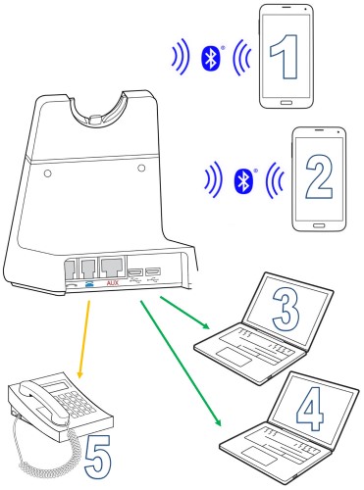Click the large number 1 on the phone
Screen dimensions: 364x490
(x=285, y=56)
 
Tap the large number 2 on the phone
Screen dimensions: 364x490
(x=319, y=176)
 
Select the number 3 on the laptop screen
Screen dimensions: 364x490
(x=286, y=310)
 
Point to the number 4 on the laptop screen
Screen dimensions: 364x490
(x=310, y=409)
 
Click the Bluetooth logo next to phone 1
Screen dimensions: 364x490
(x=211, y=58)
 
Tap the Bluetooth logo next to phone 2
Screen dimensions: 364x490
(x=243, y=181)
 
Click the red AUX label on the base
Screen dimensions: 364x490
(x=113, y=283)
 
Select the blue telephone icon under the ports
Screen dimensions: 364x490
(x=89, y=283)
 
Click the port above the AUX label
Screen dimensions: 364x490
(x=113, y=268)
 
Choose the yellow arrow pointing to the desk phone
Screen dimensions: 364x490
(x=83, y=340)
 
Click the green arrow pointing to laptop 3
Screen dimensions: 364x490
(x=184, y=313)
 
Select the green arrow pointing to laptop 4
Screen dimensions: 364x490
(x=181, y=363)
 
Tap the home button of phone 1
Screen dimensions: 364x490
(x=286, y=103)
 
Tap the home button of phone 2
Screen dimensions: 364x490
(x=319, y=225)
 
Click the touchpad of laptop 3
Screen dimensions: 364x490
(x=234, y=357)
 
